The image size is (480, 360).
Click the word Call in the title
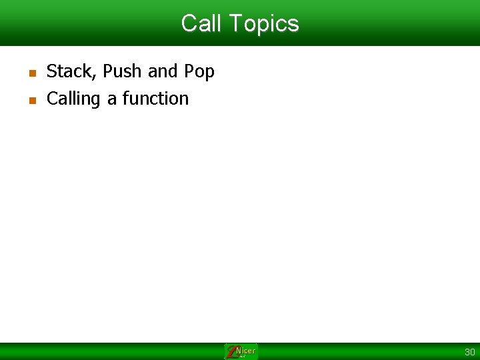(x=201, y=23)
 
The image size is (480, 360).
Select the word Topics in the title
(x=263, y=24)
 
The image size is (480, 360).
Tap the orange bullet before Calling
(x=31, y=101)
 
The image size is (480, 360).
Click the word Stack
(x=70, y=71)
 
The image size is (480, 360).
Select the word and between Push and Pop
(x=163, y=71)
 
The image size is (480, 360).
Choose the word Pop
(x=199, y=72)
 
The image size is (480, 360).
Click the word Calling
(x=73, y=99)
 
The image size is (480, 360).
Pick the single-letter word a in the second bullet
(x=112, y=99)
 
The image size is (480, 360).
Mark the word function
(x=155, y=99)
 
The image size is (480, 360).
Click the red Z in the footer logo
(x=231, y=352)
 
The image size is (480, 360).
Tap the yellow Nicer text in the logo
(x=246, y=351)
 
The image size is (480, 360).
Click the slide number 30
(x=469, y=352)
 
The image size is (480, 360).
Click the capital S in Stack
(x=51, y=71)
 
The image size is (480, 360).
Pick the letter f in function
(x=125, y=99)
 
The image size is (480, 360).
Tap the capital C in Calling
(x=52, y=99)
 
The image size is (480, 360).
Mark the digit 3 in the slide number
(x=467, y=352)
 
